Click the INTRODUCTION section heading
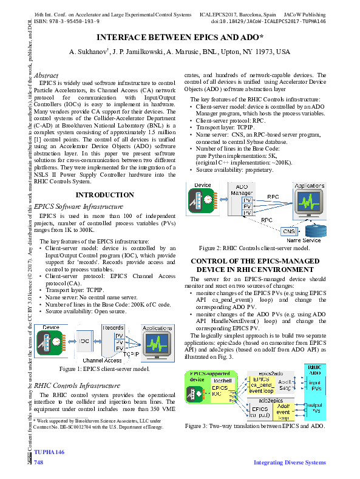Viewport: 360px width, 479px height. coord(105,194)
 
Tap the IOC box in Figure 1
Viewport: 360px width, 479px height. coord(84,341)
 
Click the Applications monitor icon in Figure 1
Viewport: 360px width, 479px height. coord(155,343)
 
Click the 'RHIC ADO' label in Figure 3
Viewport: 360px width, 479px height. coord(314,370)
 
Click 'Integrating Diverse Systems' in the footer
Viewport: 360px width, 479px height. coord(289,463)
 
